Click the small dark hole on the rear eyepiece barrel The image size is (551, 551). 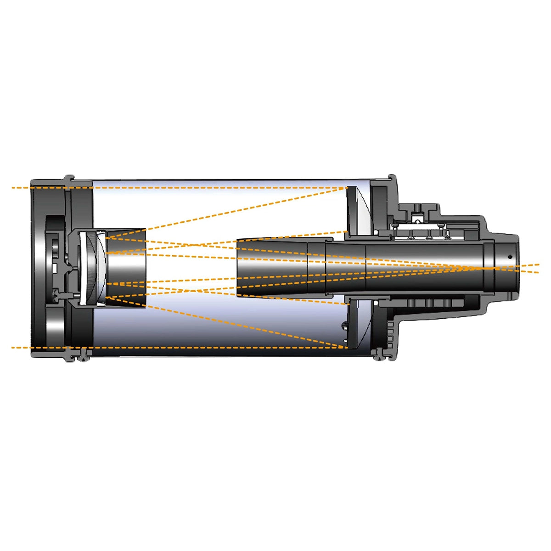(509, 257)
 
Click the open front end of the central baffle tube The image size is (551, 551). (237, 266)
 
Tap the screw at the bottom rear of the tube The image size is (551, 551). (378, 354)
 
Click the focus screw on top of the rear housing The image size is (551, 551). (417, 209)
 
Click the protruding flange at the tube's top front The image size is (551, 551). (69, 179)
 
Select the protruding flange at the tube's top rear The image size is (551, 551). (392, 179)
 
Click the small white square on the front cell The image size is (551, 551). (55, 267)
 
